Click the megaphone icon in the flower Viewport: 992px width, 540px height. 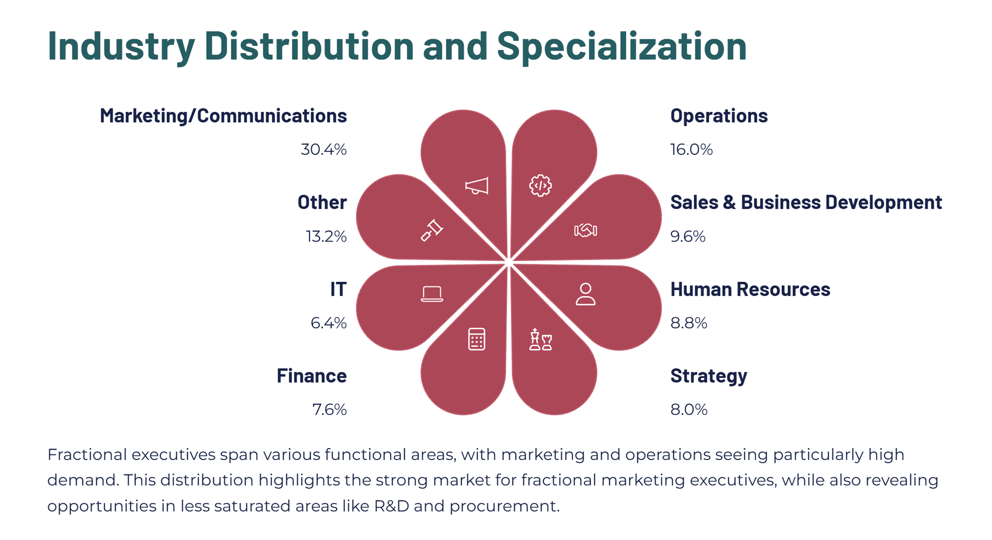tap(476, 186)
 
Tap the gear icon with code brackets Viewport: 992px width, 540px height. tap(540, 185)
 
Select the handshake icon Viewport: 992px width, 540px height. tap(585, 230)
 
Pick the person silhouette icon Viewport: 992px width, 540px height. tap(585, 294)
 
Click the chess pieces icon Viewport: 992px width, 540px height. tap(541, 339)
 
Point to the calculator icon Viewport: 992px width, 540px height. tap(476, 339)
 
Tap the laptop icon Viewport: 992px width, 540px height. tap(432, 294)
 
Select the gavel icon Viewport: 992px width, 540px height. tap(432, 230)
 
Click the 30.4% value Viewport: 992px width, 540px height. tap(323, 149)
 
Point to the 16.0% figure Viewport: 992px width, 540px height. tap(691, 149)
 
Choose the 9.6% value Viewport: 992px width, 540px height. tap(688, 236)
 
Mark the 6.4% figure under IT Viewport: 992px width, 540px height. tap(329, 323)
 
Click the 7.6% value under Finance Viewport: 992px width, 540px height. tap(330, 409)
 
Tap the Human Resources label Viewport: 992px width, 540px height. tap(750, 289)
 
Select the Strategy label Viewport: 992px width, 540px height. tap(709, 376)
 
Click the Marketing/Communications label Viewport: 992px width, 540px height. tap(223, 116)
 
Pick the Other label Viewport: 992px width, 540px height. tap(322, 202)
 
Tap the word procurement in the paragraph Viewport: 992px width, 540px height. tap(504, 506)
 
